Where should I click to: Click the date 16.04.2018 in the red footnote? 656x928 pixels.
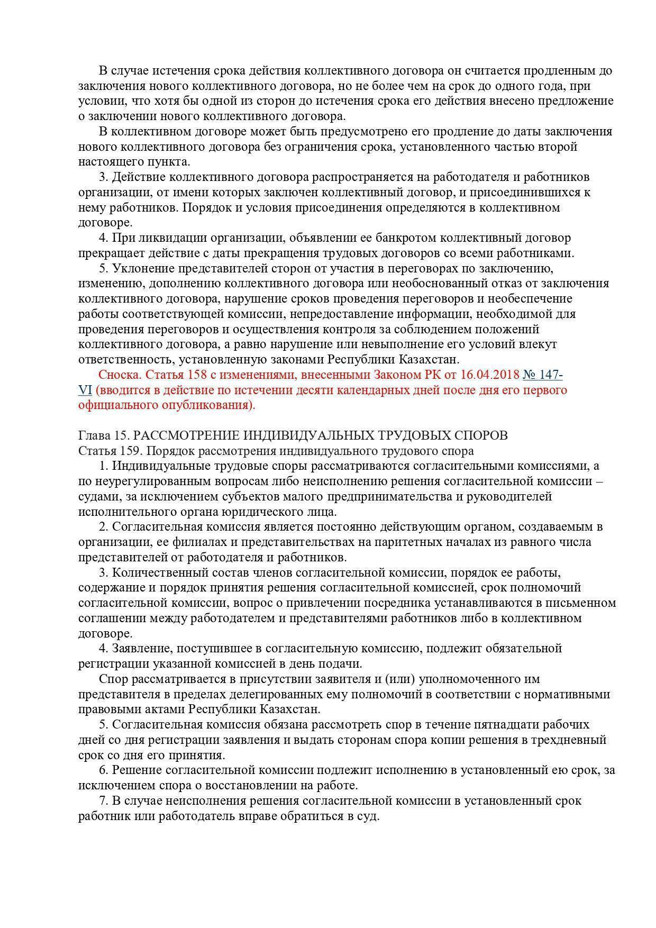click(490, 375)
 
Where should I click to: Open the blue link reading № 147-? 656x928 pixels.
click(542, 375)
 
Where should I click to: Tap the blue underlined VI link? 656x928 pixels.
click(85, 390)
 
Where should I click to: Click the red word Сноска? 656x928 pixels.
click(119, 375)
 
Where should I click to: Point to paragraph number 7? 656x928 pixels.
click(103, 800)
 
